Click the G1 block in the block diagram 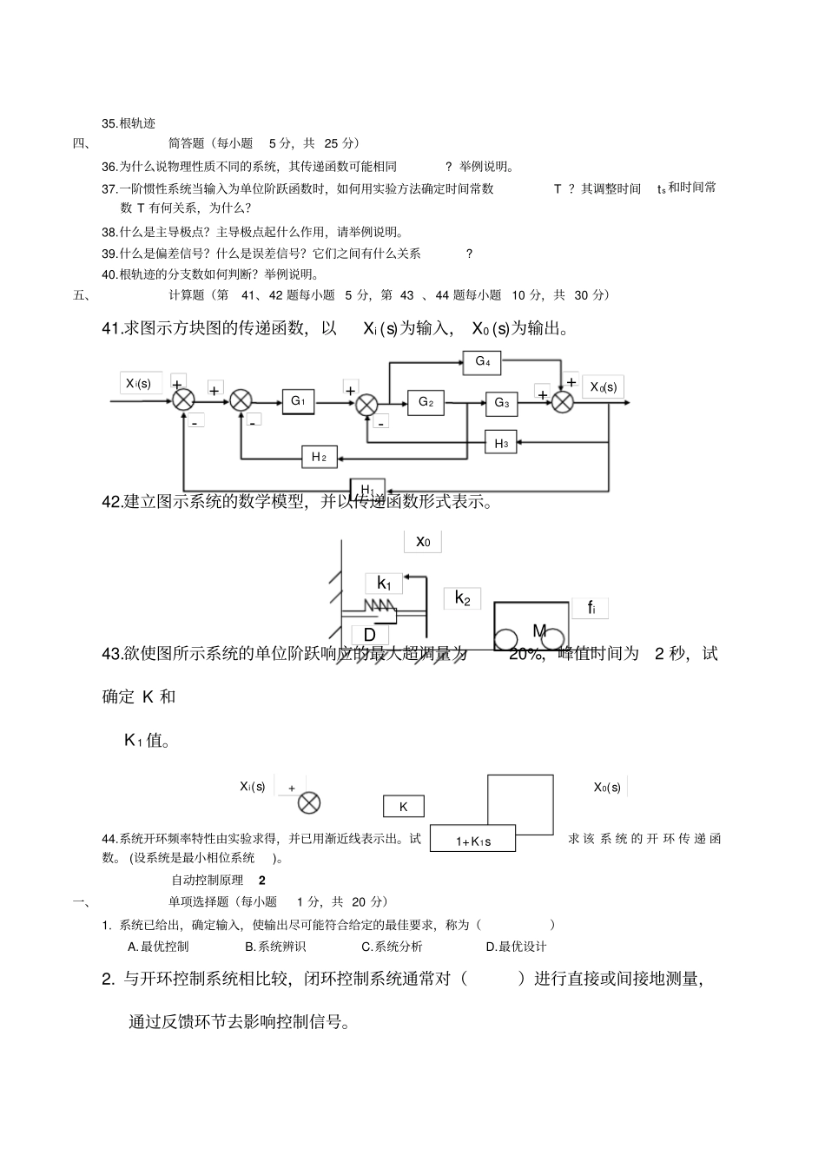click(298, 401)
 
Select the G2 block click(426, 402)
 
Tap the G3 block click(501, 403)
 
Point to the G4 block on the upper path click(483, 361)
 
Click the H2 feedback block click(319, 457)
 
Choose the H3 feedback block click(501, 443)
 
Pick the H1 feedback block click(367, 490)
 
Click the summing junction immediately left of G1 click(241, 401)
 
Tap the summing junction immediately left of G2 click(367, 403)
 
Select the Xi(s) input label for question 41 click(139, 383)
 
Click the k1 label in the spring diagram click(384, 584)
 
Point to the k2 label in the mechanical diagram click(462, 598)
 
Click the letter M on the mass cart click(539, 630)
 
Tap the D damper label click(370, 635)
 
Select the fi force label click(591, 608)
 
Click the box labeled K click(403, 807)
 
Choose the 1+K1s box click(473, 841)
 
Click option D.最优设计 click(516, 947)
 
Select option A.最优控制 click(158, 947)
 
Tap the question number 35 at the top click(109, 123)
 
